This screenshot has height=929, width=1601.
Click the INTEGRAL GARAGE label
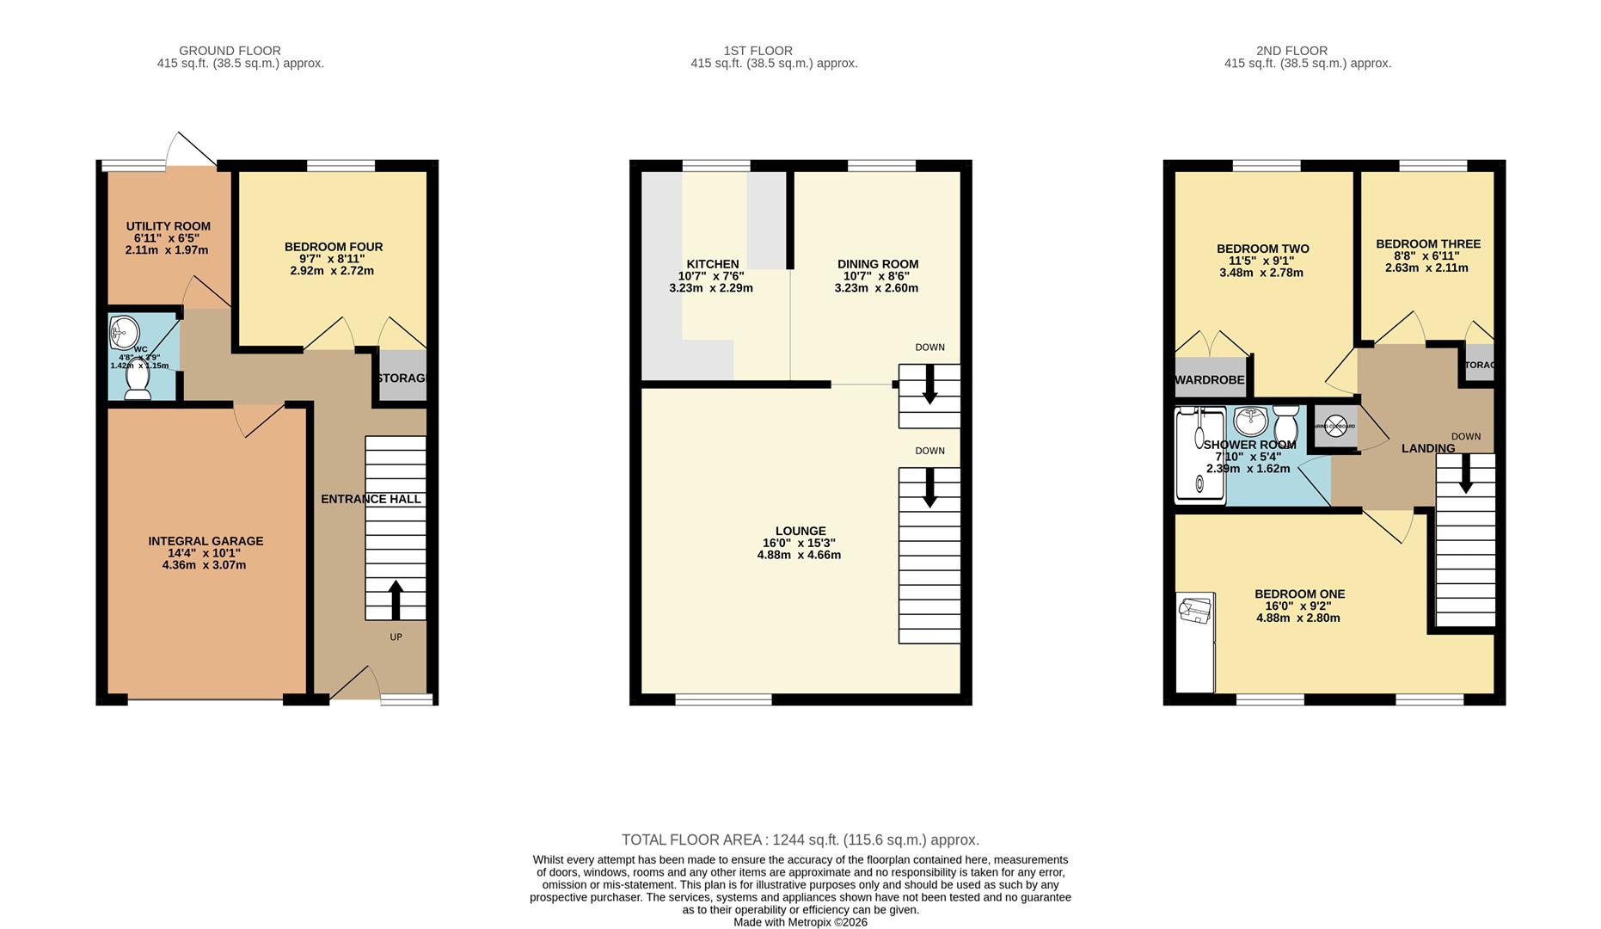pyautogui.click(x=205, y=541)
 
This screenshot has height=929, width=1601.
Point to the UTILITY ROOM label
pyautogui.click(x=169, y=226)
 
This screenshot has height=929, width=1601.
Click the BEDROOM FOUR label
pyautogui.click(x=334, y=247)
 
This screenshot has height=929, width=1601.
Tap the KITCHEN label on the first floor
pyautogui.click(x=712, y=264)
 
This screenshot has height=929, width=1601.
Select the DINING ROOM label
pyautogui.click(x=878, y=264)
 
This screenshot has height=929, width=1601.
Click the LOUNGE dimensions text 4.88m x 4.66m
pyautogui.click(x=799, y=555)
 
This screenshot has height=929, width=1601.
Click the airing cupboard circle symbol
pyautogui.click(x=1335, y=426)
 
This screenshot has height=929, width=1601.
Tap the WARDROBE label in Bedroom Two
pyautogui.click(x=1209, y=380)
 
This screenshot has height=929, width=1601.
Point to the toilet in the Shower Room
pyautogui.click(x=1285, y=422)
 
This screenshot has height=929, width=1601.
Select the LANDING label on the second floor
pyautogui.click(x=1428, y=448)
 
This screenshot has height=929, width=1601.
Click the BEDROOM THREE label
pyautogui.click(x=1428, y=244)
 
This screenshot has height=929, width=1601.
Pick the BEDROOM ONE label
pyautogui.click(x=1299, y=594)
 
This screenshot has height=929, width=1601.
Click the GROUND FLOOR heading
pyautogui.click(x=230, y=51)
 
